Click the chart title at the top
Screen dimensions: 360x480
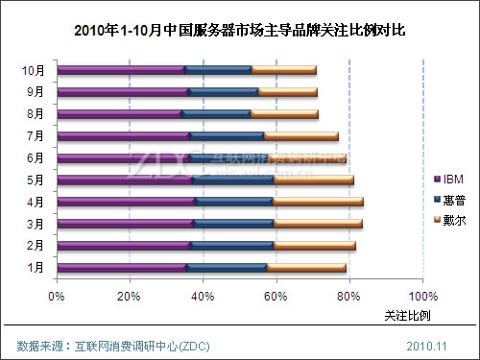click(x=240, y=30)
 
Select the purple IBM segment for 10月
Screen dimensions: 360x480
click(x=120, y=70)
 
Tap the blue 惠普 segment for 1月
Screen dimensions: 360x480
click(x=227, y=267)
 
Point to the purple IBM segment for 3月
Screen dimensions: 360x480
click(x=125, y=224)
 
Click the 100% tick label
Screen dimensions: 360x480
click(x=422, y=296)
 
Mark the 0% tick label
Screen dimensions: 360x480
click(x=57, y=296)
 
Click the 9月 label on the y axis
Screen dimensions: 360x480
click(x=36, y=92)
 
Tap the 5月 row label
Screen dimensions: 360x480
click(x=36, y=180)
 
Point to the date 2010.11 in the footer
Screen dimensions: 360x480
click(x=426, y=345)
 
